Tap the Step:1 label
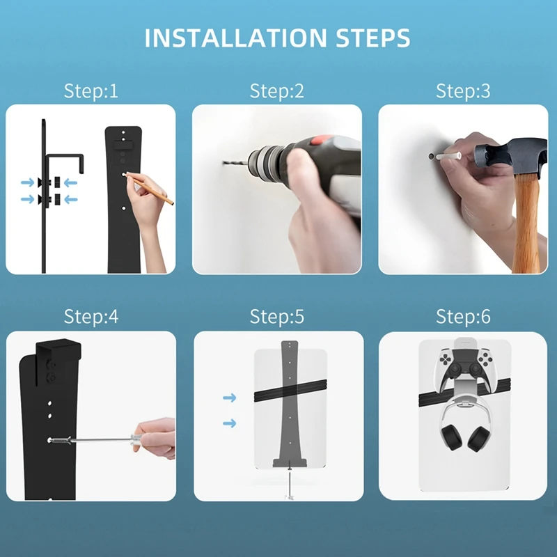pyautogui.click(x=91, y=91)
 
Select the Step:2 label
pyautogui.click(x=277, y=91)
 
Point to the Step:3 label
pyautogui.click(x=463, y=91)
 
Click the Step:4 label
pyautogui.click(x=91, y=317)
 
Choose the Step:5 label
pyautogui.click(x=277, y=317)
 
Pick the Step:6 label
pyautogui.click(x=463, y=317)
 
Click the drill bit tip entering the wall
pyautogui.click(x=227, y=163)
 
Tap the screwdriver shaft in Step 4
pyautogui.click(x=104, y=440)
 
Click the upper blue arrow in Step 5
pyautogui.click(x=229, y=398)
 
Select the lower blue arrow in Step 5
pyautogui.click(x=229, y=423)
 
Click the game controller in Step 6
pyautogui.click(x=463, y=366)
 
